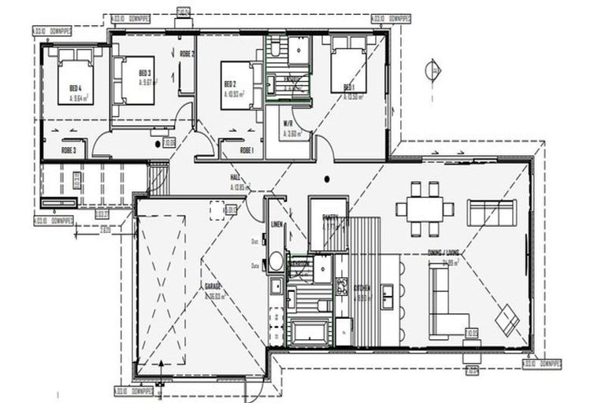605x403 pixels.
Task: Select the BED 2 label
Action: pyautogui.click(x=229, y=84)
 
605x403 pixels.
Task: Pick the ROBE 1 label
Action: pyautogui.click(x=246, y=149)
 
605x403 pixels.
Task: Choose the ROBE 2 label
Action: pyautogui.click(x=187, y=54)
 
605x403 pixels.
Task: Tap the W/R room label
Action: pyautogui.click(x=289, y=124)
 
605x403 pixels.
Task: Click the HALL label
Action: pyautogui.click(x=235, y=178)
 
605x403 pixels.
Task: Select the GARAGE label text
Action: pyautogui.click(x=211, y=287)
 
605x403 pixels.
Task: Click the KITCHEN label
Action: pyautogui.click(x=362, y=289)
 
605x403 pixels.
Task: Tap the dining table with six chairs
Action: pyautogui.click(x=425, y=208)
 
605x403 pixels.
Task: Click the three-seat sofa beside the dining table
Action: pyautogui.click(x=492, y=213)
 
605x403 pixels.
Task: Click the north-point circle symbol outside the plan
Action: pyautogui.click(x=432, y=71)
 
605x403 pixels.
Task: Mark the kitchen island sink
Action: pyautogui.click(x=388, y=294)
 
